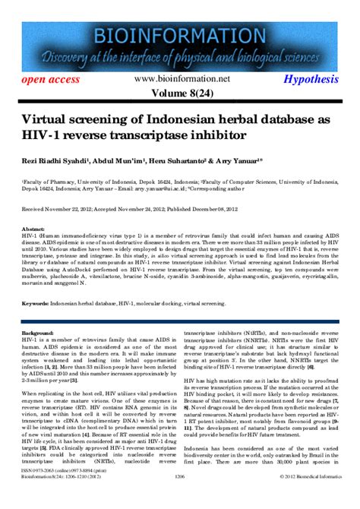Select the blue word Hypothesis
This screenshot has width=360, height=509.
click(x=311, y=80)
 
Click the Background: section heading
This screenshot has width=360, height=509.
click(x=38, y=334)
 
